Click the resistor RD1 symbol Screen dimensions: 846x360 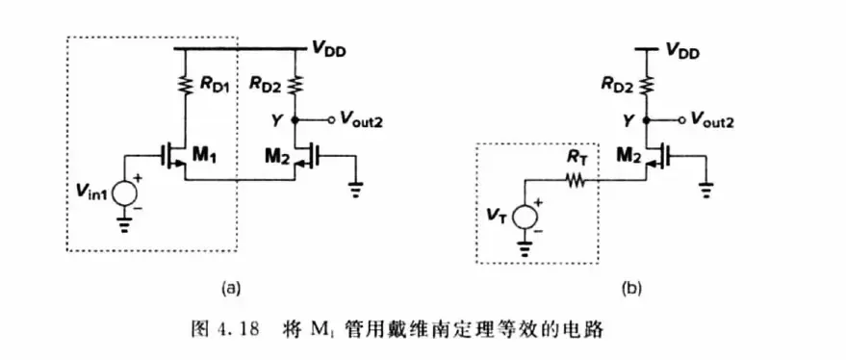(x=185, y=85)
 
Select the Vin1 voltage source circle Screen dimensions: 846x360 (x=125, y=194)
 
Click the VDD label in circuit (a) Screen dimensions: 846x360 (x=329, y=50)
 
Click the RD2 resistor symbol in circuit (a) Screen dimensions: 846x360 (x=295, y=85)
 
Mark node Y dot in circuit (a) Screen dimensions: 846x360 (x=295, y=119)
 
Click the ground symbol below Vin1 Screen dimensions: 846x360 (x=125, y=225)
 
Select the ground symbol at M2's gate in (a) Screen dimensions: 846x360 (x=355, y=189)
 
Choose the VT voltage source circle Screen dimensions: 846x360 (x=525, y=216)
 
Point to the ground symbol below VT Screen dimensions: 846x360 (x=525, y=246)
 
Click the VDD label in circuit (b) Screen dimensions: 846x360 (x=682, y=51)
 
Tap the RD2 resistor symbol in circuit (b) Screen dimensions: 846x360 (x=647, y=85)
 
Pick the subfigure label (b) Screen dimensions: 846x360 (x=630, y=289)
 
